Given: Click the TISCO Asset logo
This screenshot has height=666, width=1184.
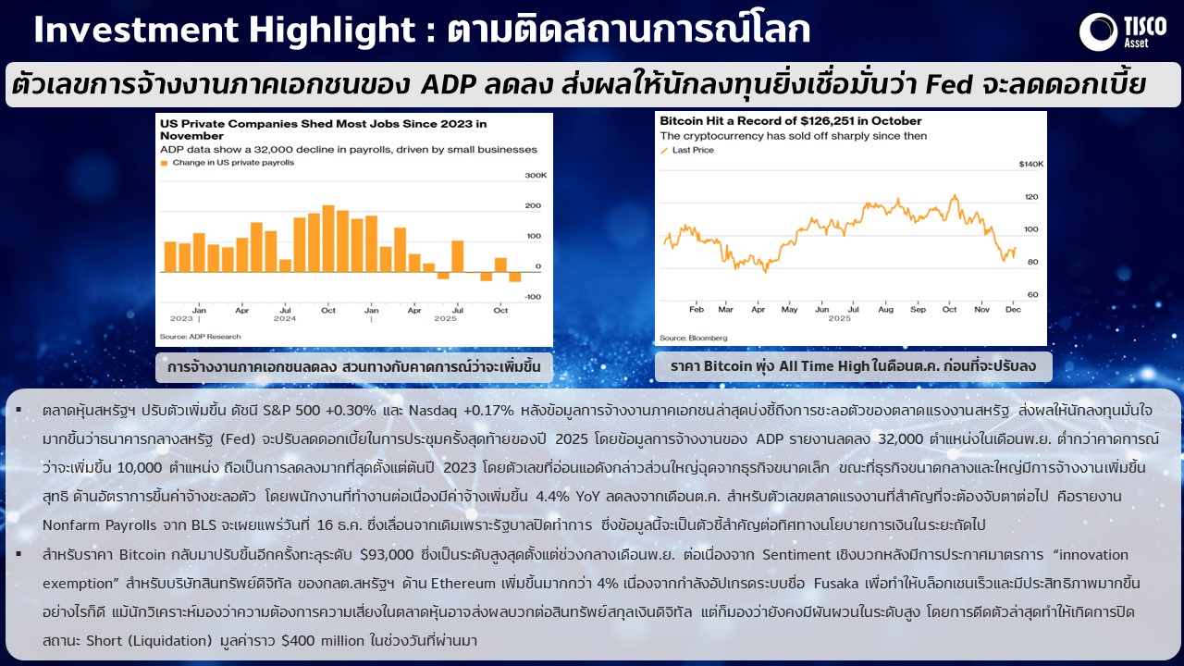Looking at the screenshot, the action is tap(1123, 32).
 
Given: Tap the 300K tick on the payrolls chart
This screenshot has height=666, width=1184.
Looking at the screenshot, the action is tap(536, 176).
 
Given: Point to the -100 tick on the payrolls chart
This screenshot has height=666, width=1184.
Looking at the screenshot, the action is tap(532, 297).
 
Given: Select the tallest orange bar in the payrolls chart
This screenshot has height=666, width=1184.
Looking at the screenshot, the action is tap(328, 239).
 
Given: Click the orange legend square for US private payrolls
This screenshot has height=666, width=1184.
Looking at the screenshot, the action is tap(164, 163).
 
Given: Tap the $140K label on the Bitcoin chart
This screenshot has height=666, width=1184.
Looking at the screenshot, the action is tap(1031, 165).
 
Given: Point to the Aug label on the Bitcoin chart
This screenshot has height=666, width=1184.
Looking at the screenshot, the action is tap(885, 310).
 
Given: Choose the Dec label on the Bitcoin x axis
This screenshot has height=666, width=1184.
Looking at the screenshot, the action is tap(1013, 310).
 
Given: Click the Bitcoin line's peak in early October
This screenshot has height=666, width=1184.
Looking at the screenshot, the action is tap(955, 195).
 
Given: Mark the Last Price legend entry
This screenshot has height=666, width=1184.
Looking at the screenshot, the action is tap(687, 150).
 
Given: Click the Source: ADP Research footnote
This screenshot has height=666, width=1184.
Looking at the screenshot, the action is tap(201, 337).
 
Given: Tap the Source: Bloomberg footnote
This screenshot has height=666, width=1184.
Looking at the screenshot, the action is tap(694, 339).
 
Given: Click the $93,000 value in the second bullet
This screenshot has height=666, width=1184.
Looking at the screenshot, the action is tap(387, 555).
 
